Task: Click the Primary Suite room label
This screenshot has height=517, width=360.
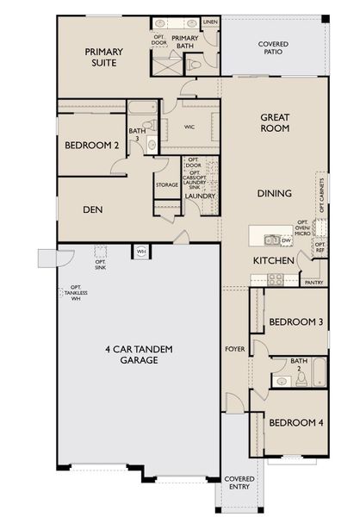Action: point(103,58)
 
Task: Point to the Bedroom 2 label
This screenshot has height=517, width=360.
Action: point(91,146)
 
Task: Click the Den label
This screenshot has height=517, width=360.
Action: point(93,209)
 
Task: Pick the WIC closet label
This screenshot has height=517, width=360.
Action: point(191,126)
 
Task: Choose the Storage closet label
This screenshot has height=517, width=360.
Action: point(167,184)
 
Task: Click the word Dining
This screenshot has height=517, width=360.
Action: point(274,193)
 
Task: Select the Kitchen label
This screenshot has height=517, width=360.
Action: point(274,259)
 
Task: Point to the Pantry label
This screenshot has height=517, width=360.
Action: point(313,281)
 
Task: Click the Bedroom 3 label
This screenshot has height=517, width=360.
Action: point(295,322)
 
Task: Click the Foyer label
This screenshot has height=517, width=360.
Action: point(233,350)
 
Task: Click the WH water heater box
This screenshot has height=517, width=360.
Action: point(140,251)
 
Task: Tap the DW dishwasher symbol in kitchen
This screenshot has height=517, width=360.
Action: point(285,240)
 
